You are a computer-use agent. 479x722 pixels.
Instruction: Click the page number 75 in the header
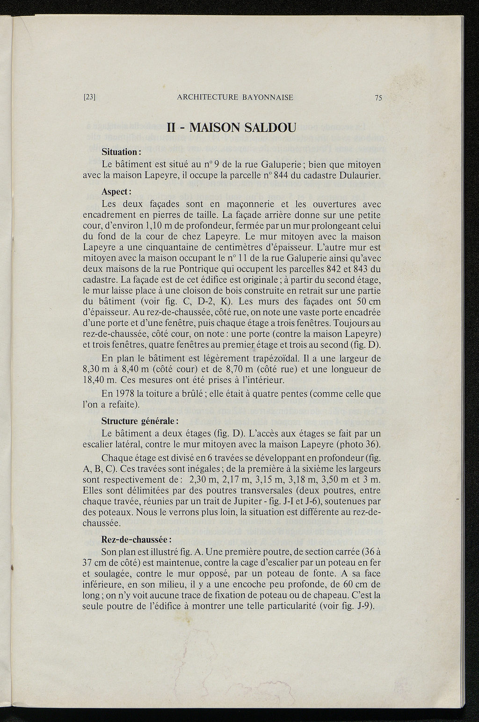[x=378, y=98]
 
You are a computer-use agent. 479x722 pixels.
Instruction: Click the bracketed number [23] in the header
[x=89, y=98]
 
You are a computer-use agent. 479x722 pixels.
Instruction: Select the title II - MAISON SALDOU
[x=232, y=127]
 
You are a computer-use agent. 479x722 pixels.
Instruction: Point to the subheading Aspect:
[x=116, y=192]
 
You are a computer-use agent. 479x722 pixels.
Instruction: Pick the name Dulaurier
[x=358, y=176]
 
